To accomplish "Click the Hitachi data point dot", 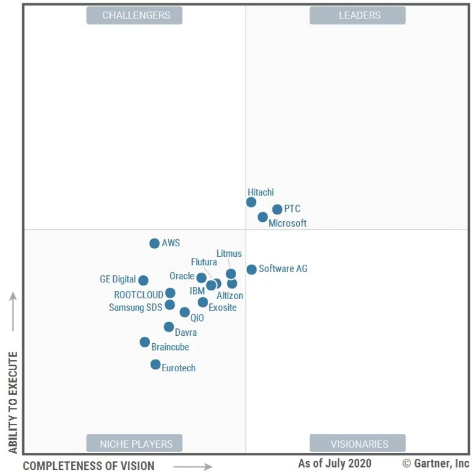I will [x=251, y=202].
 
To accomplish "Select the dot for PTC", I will [x=277, y=210].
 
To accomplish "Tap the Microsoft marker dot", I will [x=263, y=217].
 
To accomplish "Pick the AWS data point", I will [x=154, y=243].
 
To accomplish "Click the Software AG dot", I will [x=251, y=270].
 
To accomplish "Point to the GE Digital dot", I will [x=143, y=281].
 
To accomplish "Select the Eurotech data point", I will [x=155, y=365].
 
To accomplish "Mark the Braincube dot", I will [x=144, y=342].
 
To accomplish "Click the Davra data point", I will [x=169, y=327].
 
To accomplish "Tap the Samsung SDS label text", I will [x=135, y=308].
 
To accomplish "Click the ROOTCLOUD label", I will [x=138, y=295].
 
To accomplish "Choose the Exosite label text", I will [x=223, y=308].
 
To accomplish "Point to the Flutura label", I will [x=204, y=263].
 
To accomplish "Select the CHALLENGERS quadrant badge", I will [x=134, y=15].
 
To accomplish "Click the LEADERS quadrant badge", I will [x=357, y=15].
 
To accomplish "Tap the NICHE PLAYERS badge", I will [x=134, y=444].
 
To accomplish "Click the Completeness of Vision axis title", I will [x=89, y=466].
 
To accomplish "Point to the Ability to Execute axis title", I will [x=13, y=403].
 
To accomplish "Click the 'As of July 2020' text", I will [x=334, y=463].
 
